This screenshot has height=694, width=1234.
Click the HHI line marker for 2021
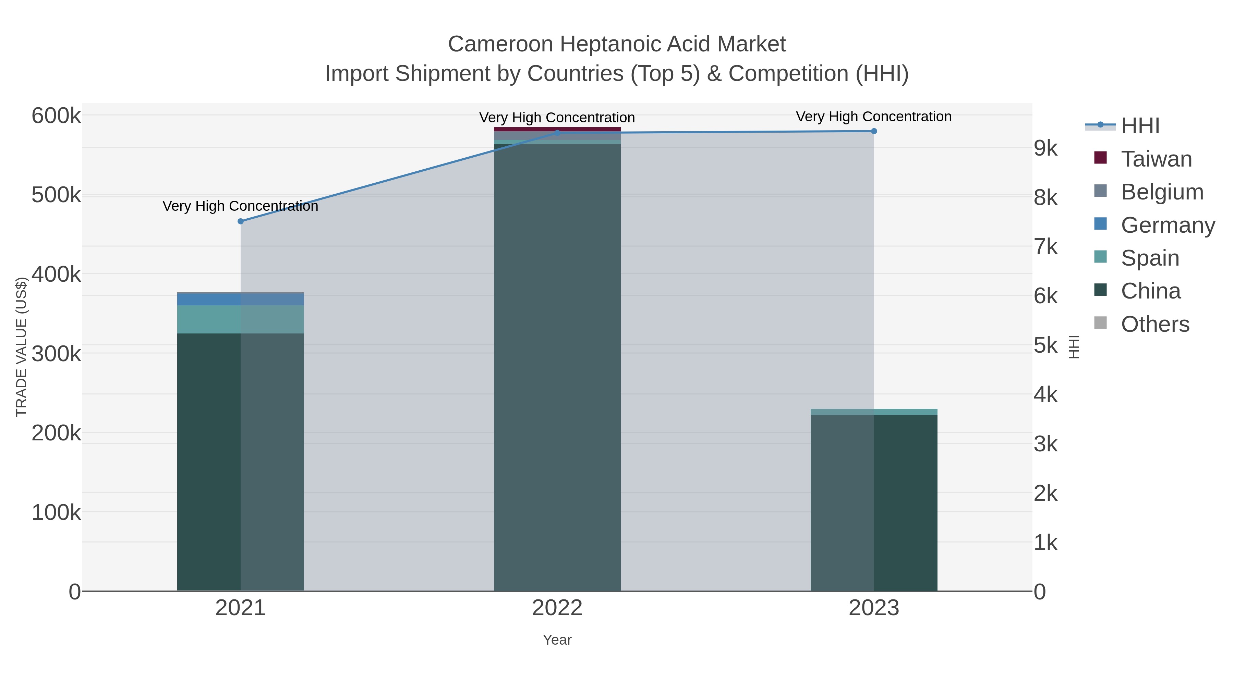coord(241,221)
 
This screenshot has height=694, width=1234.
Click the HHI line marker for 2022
coord(557,133)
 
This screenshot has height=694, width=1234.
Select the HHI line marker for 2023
coord(874,131)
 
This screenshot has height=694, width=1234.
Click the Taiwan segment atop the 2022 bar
coord(557,129)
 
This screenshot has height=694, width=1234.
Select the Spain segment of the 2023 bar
coord(874,412)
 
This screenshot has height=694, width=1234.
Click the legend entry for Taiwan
coord(1156,159)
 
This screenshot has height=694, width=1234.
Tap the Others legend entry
coord(1154,324)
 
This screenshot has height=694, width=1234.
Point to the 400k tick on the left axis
coord(56,275)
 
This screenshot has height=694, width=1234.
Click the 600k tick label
coord(56,116)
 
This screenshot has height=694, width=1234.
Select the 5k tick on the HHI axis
coord(1045,345)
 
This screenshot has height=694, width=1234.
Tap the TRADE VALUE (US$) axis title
coord(22,347)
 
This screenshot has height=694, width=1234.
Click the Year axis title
coord(557,640)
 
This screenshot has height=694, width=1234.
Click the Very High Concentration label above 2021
coord(241,206)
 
